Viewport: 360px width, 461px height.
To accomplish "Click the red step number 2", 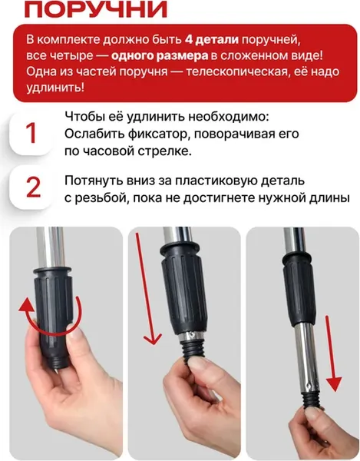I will [x=31, y=188].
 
